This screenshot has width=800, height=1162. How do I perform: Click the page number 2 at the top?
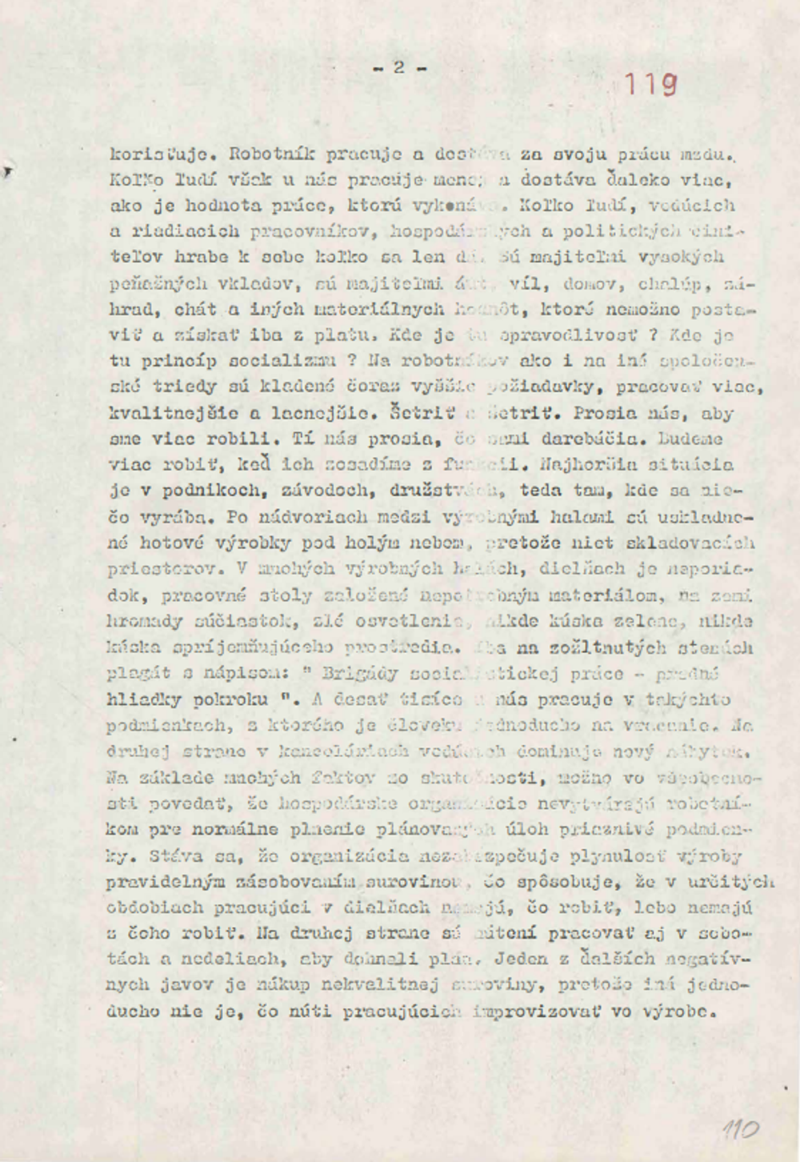coord(399,69)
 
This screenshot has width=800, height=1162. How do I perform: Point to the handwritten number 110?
coord(740,1130)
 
